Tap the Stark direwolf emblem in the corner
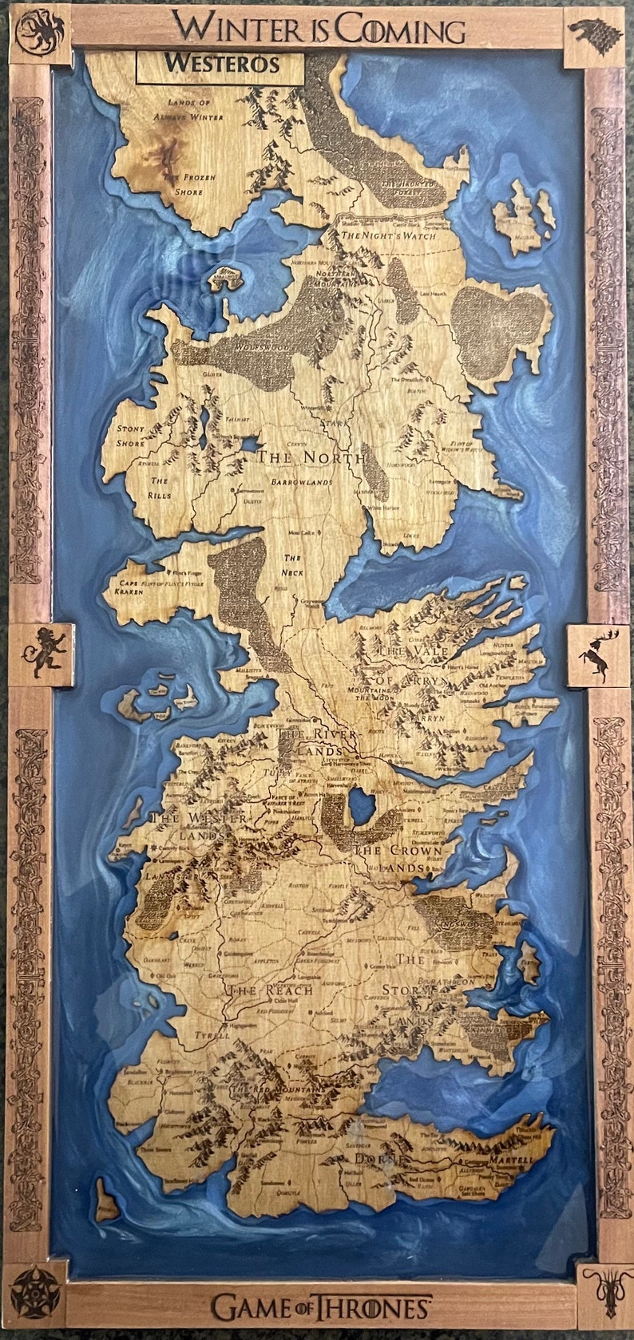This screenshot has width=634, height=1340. click(594, 35)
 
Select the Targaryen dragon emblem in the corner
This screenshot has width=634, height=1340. click(39, 33)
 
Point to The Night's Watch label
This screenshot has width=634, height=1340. click(388, 236)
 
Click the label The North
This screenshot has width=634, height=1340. click(311, 458)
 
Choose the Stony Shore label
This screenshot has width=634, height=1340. click(131, 436)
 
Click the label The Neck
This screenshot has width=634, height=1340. click(293, 565)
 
